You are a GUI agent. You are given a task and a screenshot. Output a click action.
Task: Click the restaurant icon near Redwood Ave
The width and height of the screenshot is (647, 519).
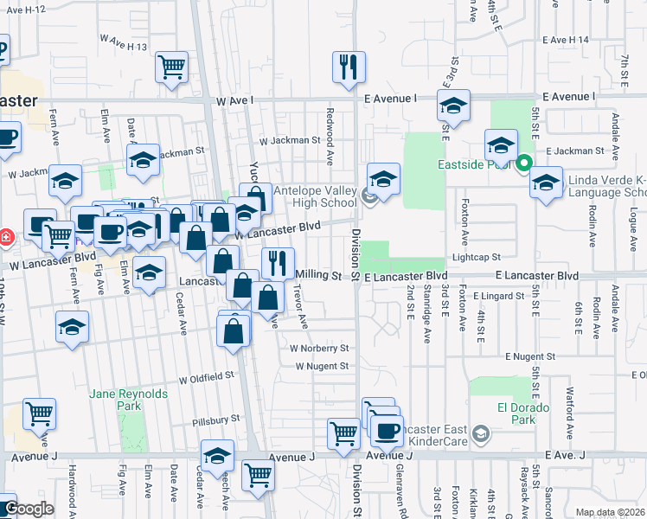[x=349, y=67]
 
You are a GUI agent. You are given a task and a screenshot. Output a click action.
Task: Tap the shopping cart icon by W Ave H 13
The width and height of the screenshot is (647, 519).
[x=172, y=67]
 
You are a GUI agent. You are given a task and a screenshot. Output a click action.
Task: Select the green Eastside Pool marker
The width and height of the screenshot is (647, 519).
[x=524, y=162]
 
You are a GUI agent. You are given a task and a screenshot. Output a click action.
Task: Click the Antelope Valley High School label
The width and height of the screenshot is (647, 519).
[x=314, y=196]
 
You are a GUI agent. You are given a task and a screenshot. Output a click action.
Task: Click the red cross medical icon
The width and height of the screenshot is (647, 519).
[x=4, y=235]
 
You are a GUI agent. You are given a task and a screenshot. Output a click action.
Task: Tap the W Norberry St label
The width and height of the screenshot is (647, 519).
[x=319, y=349]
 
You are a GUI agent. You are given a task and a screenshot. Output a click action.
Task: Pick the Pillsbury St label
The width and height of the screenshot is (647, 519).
[x=216, y=419]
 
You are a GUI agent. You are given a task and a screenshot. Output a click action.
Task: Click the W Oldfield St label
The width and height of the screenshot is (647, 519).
[x=207, y=377]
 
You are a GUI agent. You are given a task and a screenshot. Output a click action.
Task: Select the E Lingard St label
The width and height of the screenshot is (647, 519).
[x=499, y=296]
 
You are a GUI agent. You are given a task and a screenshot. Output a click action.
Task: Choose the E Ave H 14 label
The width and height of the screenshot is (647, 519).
[x=566, y=40]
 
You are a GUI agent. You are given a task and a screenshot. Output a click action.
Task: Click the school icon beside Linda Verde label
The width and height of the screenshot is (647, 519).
[x=546, y=183]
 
